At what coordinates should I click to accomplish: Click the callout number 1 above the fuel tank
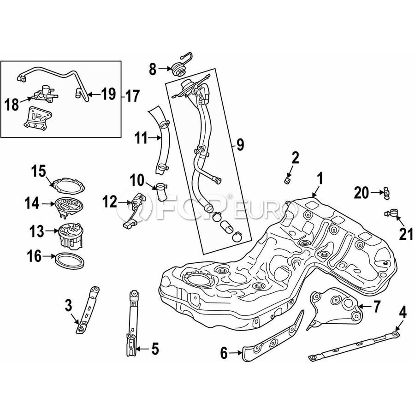(x=320, y=178)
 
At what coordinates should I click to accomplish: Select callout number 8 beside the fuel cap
(x=153, y=70)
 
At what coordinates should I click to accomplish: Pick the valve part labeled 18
(x=44, y=95)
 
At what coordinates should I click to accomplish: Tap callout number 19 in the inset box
(x=108, y=95)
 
